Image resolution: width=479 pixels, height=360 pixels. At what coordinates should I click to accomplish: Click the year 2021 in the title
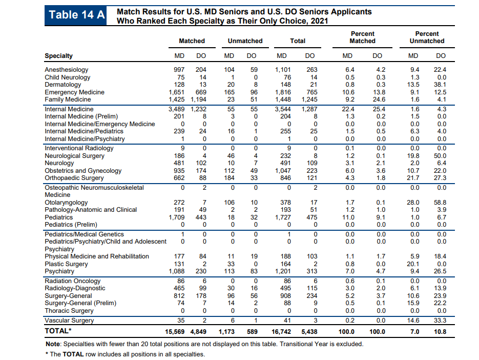(319, 21)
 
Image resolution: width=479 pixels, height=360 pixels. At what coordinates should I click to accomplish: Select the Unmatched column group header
(245, 41)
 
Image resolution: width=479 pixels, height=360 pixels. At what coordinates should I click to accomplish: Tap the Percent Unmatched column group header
(427, 37)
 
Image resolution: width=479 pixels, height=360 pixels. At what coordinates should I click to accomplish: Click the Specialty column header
(58, 56)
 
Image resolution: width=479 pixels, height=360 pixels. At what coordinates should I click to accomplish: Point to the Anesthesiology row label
(66, 70)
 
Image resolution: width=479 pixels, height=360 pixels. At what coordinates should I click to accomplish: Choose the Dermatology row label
(63, 85)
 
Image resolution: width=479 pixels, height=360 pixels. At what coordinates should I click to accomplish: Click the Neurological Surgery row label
(74, 156)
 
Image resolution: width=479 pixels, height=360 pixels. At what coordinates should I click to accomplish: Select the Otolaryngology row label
(66, 203)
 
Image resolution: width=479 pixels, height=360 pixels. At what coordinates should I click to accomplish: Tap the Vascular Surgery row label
(69, 320)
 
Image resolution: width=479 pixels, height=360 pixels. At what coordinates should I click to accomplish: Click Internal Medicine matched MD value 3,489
(177, 109)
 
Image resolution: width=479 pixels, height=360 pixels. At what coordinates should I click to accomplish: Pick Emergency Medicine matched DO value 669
(201, 92)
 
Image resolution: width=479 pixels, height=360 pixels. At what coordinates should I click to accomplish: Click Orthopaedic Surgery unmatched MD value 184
(230, 178)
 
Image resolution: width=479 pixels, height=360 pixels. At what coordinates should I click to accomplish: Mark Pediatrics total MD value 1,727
(283, 217)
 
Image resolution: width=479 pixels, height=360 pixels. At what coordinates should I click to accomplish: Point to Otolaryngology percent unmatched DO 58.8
(440, 203)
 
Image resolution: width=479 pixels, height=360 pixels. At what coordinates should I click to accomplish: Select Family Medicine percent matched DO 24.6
(379, 99)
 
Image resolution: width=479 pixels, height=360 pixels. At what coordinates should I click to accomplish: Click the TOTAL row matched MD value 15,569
(175, 332)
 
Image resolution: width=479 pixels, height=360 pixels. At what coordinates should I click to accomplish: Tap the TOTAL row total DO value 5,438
(309, 332)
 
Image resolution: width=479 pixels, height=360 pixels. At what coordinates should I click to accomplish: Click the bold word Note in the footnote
(53, 344)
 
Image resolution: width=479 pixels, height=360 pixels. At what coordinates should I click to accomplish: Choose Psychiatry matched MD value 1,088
(177, 271)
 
